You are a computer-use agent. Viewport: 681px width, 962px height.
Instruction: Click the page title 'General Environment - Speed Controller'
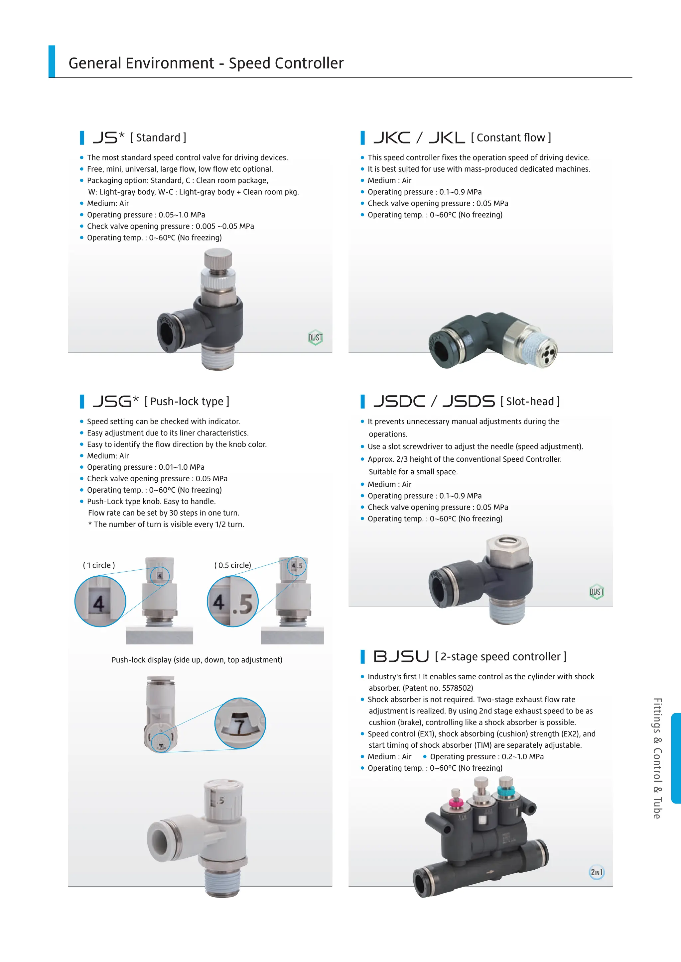(x=206, y=63)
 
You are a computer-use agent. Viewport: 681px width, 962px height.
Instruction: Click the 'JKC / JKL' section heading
(x=419, y=138)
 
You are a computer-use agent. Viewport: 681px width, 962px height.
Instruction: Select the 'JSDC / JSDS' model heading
(x=434, y=401)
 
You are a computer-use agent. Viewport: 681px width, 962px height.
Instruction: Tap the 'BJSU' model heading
(x=401, y=656)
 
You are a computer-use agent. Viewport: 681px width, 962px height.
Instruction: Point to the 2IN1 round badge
(x=596, y=872)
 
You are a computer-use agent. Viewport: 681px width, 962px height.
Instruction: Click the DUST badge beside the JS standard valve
(x=315, y=337)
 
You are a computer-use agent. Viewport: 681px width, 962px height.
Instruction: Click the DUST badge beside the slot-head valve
(x=596, y=592)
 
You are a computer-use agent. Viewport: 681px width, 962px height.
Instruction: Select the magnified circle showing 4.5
(x=233, y=601)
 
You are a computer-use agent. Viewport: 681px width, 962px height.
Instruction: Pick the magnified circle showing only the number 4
(x=100, y=601)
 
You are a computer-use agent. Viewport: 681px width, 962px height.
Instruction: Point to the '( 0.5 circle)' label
(x=233, y=565)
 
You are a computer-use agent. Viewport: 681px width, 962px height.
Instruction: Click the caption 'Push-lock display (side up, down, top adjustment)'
(x=197, y=660)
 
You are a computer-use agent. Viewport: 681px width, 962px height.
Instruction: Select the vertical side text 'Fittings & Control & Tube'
(x=657, y=758)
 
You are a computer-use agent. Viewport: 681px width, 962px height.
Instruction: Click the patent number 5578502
(x=458, y=688)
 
